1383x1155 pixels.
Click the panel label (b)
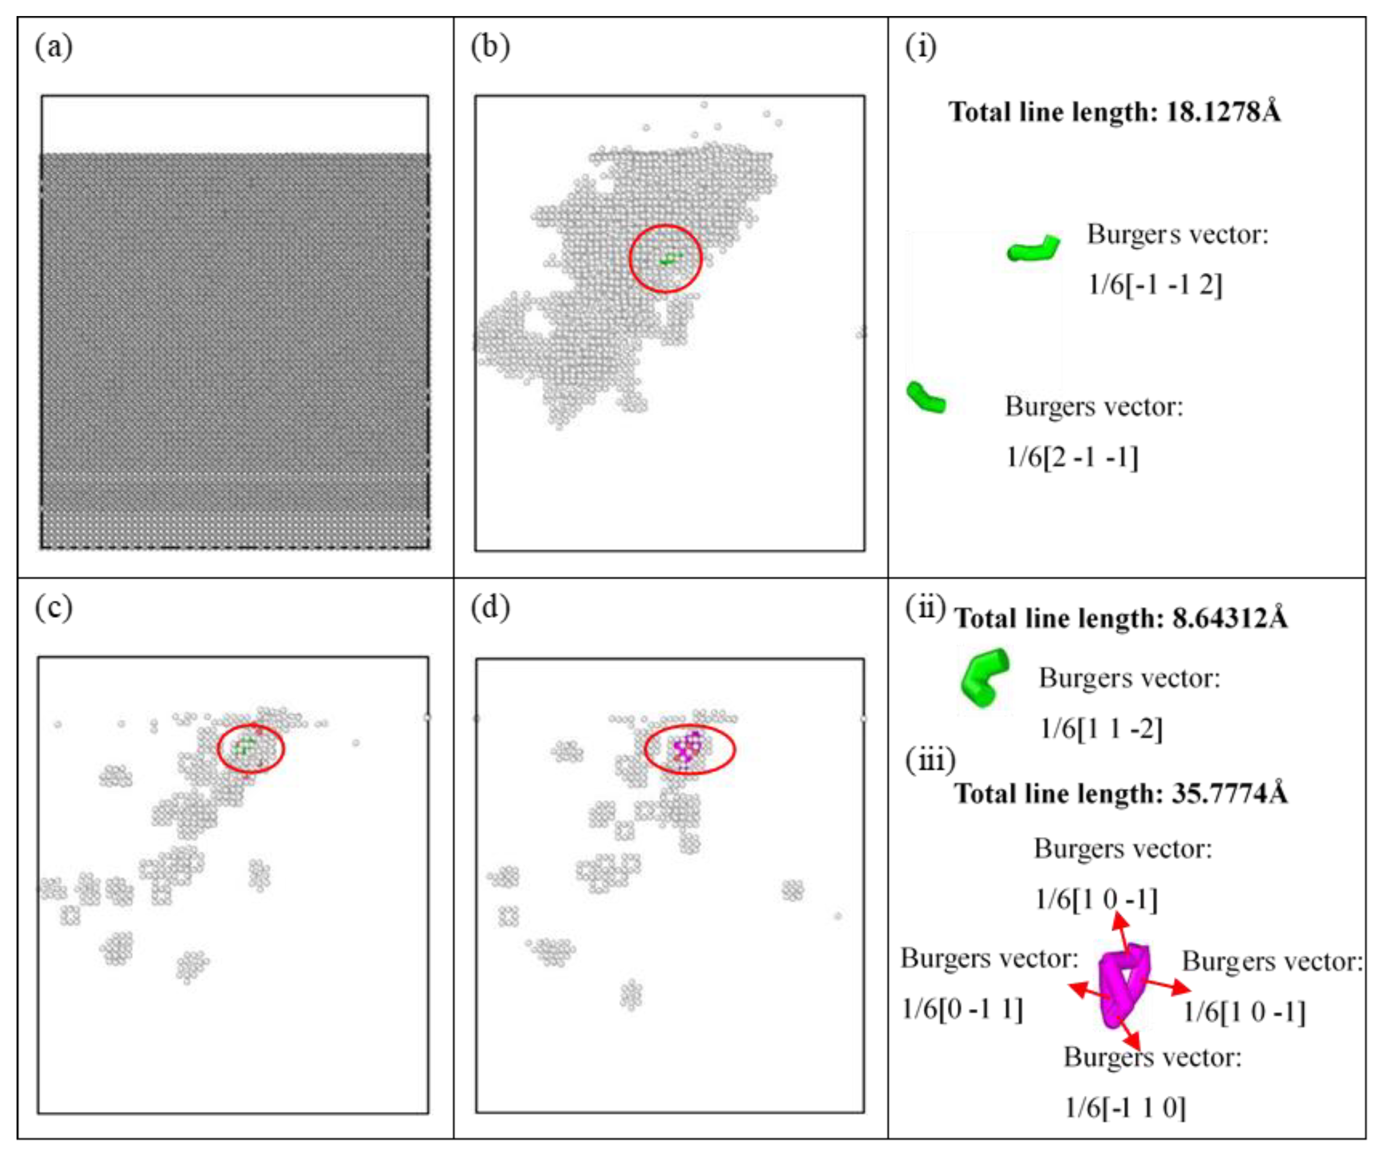click(490, 48)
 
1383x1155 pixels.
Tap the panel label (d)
click(490, 608)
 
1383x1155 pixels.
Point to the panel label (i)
click(921, 48)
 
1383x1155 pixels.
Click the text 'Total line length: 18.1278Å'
click(1114, 112)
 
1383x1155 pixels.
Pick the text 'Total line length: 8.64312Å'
click(1121, 618)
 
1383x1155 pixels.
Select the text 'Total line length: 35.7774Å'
click(1121, 793)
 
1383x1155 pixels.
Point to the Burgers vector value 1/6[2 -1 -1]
click(1072, 457)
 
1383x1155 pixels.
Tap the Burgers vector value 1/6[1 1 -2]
click(1101, 729)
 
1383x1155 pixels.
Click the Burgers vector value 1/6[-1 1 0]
click(1125, 1107)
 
